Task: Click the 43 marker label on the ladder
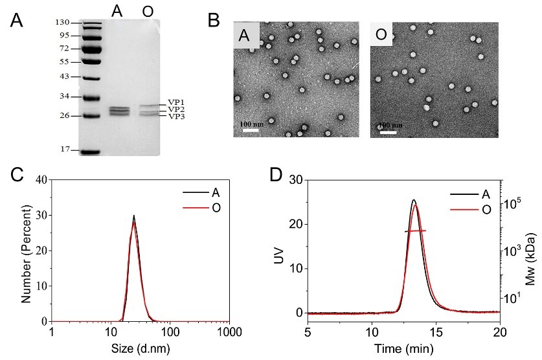click(64, 76)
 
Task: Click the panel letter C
click(17, 174)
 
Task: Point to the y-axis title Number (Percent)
click(27, 250)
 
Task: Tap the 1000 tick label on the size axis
click(229, 332)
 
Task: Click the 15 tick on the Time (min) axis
click(436, 332)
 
